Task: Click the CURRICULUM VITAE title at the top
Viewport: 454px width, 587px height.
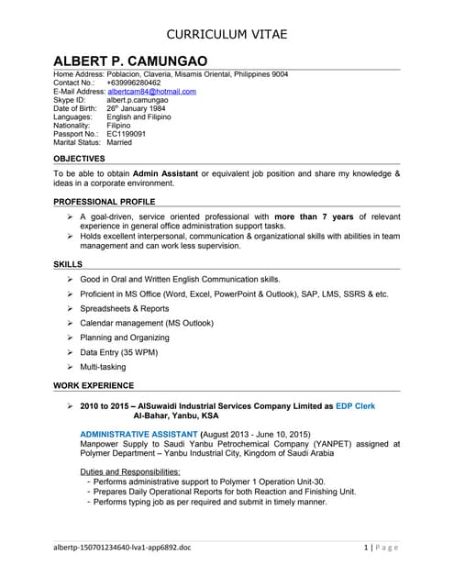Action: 227,34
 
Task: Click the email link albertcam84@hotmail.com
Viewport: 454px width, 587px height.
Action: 151,92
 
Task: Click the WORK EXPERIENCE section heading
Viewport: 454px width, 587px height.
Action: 94,385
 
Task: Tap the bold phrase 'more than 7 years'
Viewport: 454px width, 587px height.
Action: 314,216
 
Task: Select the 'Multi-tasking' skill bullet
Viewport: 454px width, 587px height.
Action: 103,367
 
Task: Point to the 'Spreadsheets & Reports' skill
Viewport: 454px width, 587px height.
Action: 125,308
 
